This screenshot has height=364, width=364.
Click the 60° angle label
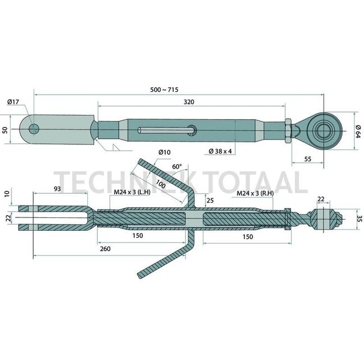(x=177, y=166)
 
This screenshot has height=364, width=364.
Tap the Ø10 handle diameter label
(x=164, y=152)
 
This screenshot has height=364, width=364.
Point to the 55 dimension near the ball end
(x=308, y=160)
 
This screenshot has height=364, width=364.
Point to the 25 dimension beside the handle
(x=209, y=200)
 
